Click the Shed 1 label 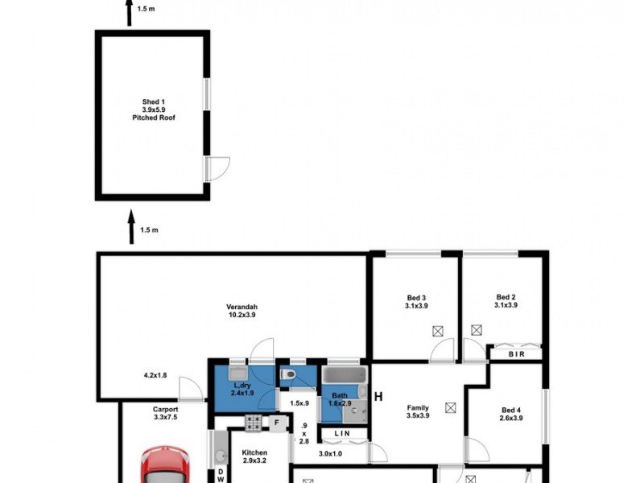point(153,101)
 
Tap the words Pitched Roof point(153,118)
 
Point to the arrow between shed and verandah point(131,228)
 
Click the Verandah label point(242,308)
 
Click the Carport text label point(165,409)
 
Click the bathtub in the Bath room point(345,375)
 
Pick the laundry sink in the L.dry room point(237,374)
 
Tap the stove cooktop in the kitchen point(254,421)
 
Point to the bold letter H point(378,396)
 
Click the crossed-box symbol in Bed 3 point(438,330)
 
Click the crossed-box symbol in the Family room point(450,407)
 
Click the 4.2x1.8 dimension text point(155,375)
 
